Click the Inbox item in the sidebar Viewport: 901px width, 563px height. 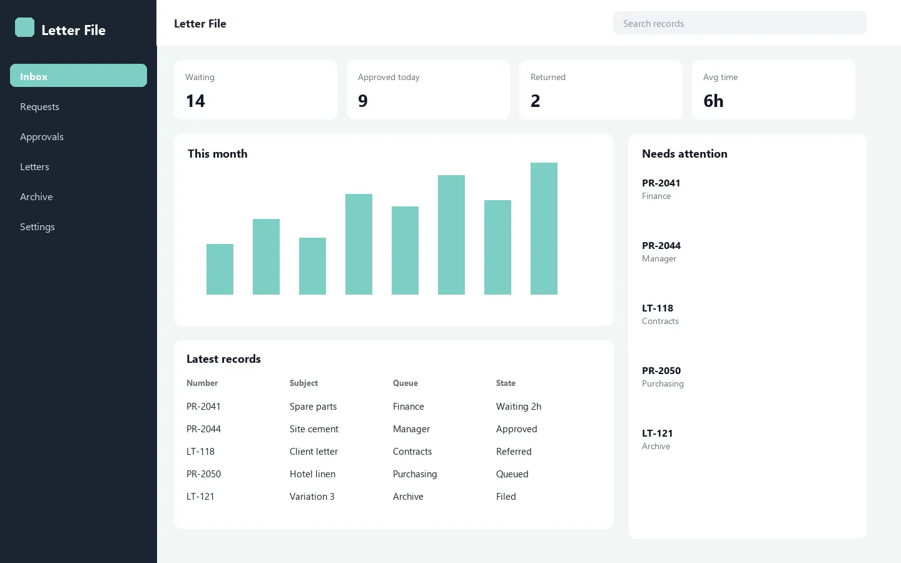point(78,76)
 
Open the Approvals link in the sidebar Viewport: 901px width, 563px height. point(42,137)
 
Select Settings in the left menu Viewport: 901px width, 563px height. point(38,227)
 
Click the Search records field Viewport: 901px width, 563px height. point(740,23)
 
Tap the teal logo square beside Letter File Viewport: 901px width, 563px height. point(24,28)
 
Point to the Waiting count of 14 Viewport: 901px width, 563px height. point(195,101)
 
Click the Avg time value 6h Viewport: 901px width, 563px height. point(713,101)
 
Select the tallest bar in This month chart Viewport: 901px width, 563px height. point(544,228)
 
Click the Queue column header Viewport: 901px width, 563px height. point(405,383)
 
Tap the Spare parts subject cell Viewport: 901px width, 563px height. point(313,407)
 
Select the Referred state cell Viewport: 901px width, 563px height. point(514,451)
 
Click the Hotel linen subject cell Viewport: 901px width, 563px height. point(313,474)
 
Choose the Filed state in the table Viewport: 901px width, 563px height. point(506,496)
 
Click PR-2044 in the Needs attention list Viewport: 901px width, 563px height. point(661,245)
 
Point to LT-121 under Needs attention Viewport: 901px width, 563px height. point(657,433)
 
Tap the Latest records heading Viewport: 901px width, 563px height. point(223,358)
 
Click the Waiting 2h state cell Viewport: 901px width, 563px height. point(519,406)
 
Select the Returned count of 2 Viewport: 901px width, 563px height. point(535,101)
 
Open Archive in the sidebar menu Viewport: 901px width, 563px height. point(36,196)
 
